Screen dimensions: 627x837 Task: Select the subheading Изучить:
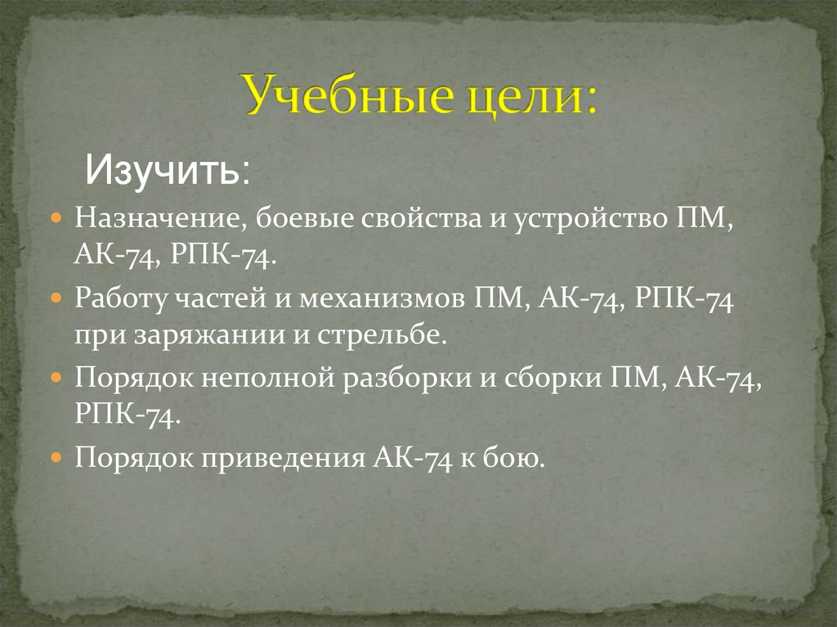[x=168, y=172]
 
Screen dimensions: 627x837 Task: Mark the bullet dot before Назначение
[x=56, y=221]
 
